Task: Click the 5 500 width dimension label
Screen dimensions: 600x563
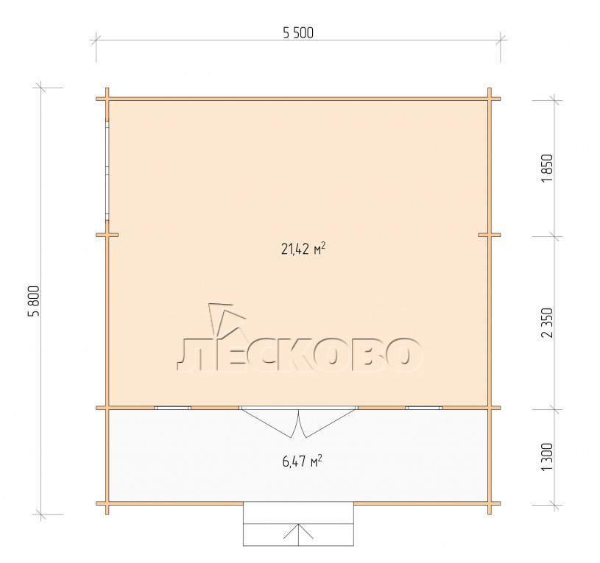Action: (x=298, y=33)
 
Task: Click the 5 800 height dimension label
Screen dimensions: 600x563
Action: (x=34, y=301)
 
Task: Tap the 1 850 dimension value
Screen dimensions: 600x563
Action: (x=548, y=169)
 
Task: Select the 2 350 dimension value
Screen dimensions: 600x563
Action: (x=548, y=322)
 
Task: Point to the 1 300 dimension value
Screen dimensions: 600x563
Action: (x=548, y=458)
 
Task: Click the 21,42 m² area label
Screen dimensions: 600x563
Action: (x=303, y=249)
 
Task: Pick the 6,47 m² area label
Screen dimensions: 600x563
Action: (x=302, y=461)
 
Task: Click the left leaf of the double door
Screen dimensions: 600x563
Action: (x=269, y=422)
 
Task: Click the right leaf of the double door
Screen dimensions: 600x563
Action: (x=328, y=422)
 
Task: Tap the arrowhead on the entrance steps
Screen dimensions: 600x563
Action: (x=298, y=531)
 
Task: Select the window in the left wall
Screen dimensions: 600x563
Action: (x=107, y=171)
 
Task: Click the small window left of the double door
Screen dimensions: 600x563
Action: (x=172, y=408)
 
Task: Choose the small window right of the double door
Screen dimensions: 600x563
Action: (x=424, y=408)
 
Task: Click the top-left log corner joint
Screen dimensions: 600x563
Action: (x=107, y=99)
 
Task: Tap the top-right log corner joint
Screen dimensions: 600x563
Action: (x=489, y=99)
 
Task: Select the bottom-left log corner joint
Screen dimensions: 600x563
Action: (x=107, y=503)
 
